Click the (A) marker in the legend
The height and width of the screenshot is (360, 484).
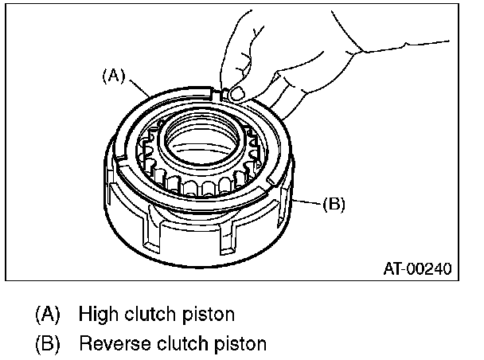[47, 313]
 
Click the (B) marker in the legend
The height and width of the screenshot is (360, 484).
[47, 344]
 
